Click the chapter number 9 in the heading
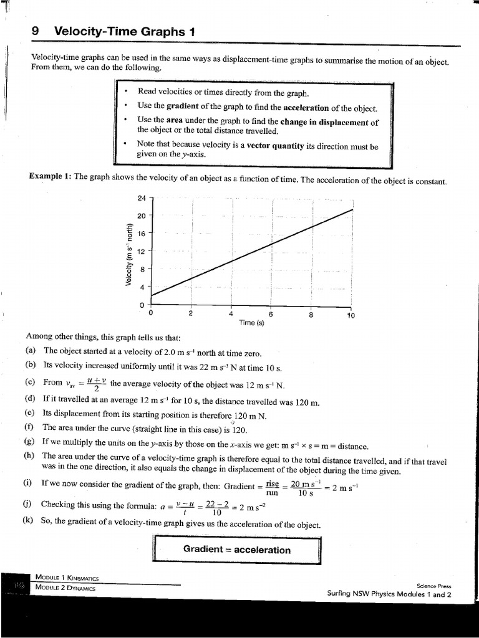coord(36,31)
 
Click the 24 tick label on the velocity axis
coord(142,198)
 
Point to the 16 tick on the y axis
coord(142,233)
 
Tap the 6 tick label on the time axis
coord(271,313)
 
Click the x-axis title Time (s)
coord(251,323)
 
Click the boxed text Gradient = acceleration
coord(237,550)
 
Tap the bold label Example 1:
coord(50,176)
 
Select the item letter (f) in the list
coord(29,427)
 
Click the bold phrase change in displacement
coord(330,123)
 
